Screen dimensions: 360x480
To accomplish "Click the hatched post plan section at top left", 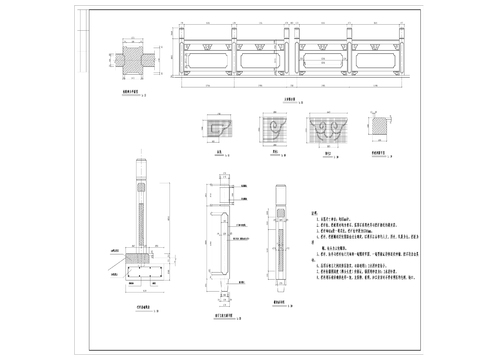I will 130,58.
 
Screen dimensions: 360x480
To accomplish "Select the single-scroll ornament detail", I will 276,131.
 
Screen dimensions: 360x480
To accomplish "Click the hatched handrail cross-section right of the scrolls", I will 377,129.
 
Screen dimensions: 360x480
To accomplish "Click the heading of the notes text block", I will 315,214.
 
